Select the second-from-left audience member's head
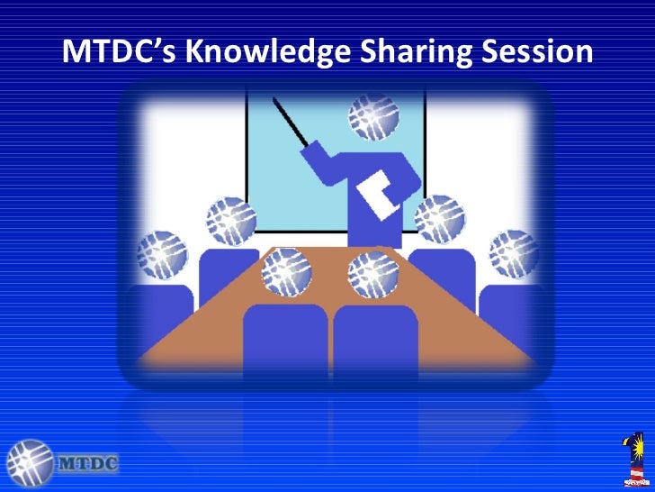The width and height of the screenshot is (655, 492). pos(231,221)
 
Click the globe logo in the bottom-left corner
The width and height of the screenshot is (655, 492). pos(30,463)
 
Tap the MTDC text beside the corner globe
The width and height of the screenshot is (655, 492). pos(86,465)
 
